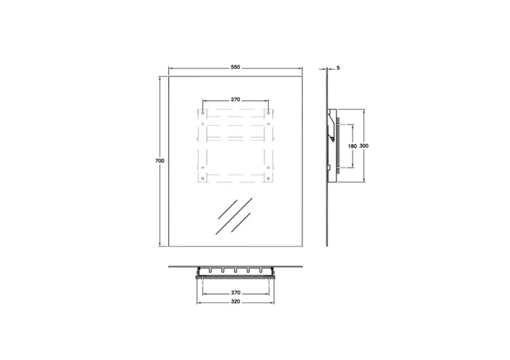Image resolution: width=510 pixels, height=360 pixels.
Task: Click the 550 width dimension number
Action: tap(235, 68)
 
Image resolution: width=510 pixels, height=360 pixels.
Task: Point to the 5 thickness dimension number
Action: tap(339, 68)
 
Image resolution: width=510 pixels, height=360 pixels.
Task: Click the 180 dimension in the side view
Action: tap(352, 146)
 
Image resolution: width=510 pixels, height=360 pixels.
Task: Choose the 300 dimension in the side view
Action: tap(363, 146)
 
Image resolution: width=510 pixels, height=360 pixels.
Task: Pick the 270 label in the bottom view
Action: tap(236, 291)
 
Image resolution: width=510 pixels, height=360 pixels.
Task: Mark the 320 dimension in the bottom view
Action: tap(236, 300)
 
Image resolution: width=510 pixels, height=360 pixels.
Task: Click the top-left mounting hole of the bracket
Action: tap(203, 113)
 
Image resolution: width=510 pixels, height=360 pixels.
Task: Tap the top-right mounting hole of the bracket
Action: tap(270, 113)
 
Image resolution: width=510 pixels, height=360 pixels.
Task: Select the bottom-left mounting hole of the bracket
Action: tap(203, 177)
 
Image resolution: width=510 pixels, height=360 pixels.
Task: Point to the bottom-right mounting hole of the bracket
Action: tap(270, 177)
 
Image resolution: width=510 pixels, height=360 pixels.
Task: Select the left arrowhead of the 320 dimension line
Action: tap(198, 300)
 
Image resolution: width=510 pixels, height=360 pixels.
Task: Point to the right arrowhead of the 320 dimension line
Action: tap(275, 300)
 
